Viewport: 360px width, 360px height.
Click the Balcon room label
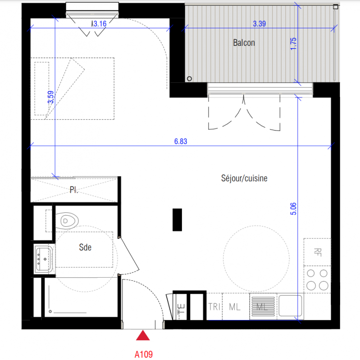point(244,43)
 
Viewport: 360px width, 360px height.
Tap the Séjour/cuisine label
point(244,178)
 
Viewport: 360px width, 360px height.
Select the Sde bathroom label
point(85,247)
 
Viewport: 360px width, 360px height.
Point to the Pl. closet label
point(74,189)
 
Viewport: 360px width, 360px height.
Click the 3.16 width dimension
point(100,23)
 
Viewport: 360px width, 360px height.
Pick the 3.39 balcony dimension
point(260,23)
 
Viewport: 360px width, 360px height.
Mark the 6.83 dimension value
point(181,141)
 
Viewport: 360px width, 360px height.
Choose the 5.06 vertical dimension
point(293,209)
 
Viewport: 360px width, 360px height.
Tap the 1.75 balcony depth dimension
point(293,44)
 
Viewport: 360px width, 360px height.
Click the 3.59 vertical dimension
point(50,97)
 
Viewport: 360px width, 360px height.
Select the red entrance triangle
point(143,335)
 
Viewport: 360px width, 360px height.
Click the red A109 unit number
point(144,354)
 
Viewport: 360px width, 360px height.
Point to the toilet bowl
point(67,221)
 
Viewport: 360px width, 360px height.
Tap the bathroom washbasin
point(43,259)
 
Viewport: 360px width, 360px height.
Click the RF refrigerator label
point(318,252)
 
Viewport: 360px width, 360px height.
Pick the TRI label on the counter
point(214,307)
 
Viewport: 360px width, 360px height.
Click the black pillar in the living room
point(177,220)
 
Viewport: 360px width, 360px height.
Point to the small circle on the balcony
point(189,79)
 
